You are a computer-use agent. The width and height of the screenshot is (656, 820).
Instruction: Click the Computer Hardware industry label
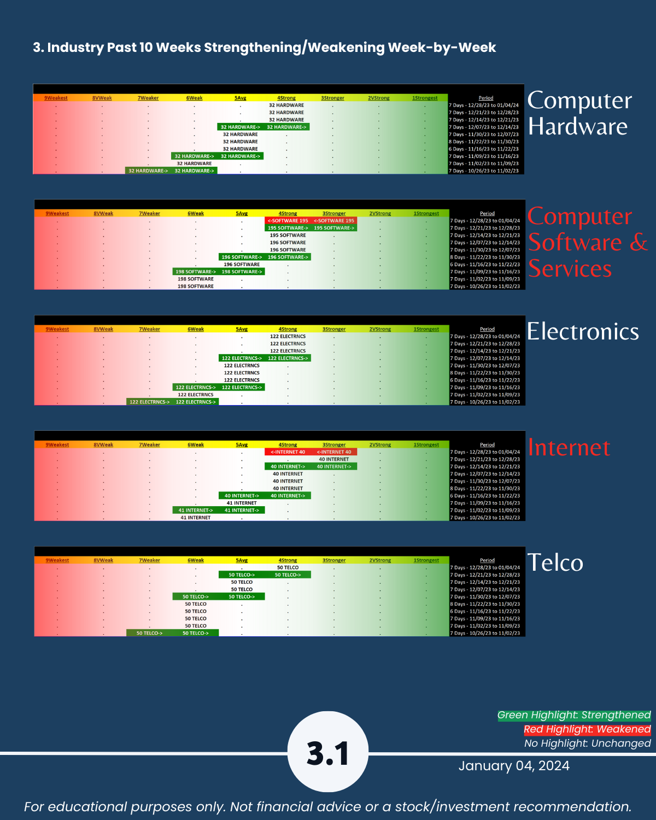coord(579,113)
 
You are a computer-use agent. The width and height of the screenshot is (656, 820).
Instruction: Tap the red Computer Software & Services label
coord(587,242)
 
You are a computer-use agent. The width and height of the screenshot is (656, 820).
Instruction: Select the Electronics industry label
coord(583,332)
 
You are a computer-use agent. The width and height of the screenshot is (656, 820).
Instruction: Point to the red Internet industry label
coord(569,448)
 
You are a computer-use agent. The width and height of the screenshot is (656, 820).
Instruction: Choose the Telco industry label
coord(555,563)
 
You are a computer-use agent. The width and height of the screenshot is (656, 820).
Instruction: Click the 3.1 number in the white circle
coord(328,753)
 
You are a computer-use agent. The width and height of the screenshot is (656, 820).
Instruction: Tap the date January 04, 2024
coord(514,766)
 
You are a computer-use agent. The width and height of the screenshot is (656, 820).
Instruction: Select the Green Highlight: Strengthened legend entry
coord(574,715)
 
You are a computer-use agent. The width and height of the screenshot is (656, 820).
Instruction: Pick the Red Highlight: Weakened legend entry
coord(587,729)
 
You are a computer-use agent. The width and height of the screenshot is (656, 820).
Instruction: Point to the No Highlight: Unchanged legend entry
coord(587,743)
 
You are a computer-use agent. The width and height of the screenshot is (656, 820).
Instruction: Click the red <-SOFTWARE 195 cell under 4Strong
coord(288,221)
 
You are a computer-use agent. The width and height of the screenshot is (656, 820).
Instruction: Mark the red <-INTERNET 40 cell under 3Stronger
coord(334,452)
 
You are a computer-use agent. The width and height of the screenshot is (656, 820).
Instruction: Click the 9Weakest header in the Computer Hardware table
coord(56,98)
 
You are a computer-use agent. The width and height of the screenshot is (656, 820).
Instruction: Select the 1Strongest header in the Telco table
coord(426,560)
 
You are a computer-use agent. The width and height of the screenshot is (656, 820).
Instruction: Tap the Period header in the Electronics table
coord(487,329)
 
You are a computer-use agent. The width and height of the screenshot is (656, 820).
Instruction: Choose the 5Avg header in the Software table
coord(242,214)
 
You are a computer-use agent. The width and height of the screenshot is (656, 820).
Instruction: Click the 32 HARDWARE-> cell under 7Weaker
coord(148,171)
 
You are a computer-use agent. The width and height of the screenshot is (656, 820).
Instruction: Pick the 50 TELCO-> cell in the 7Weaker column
coord(149,633)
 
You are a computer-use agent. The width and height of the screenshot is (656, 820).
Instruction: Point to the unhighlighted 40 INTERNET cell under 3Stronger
coord(333,459)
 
